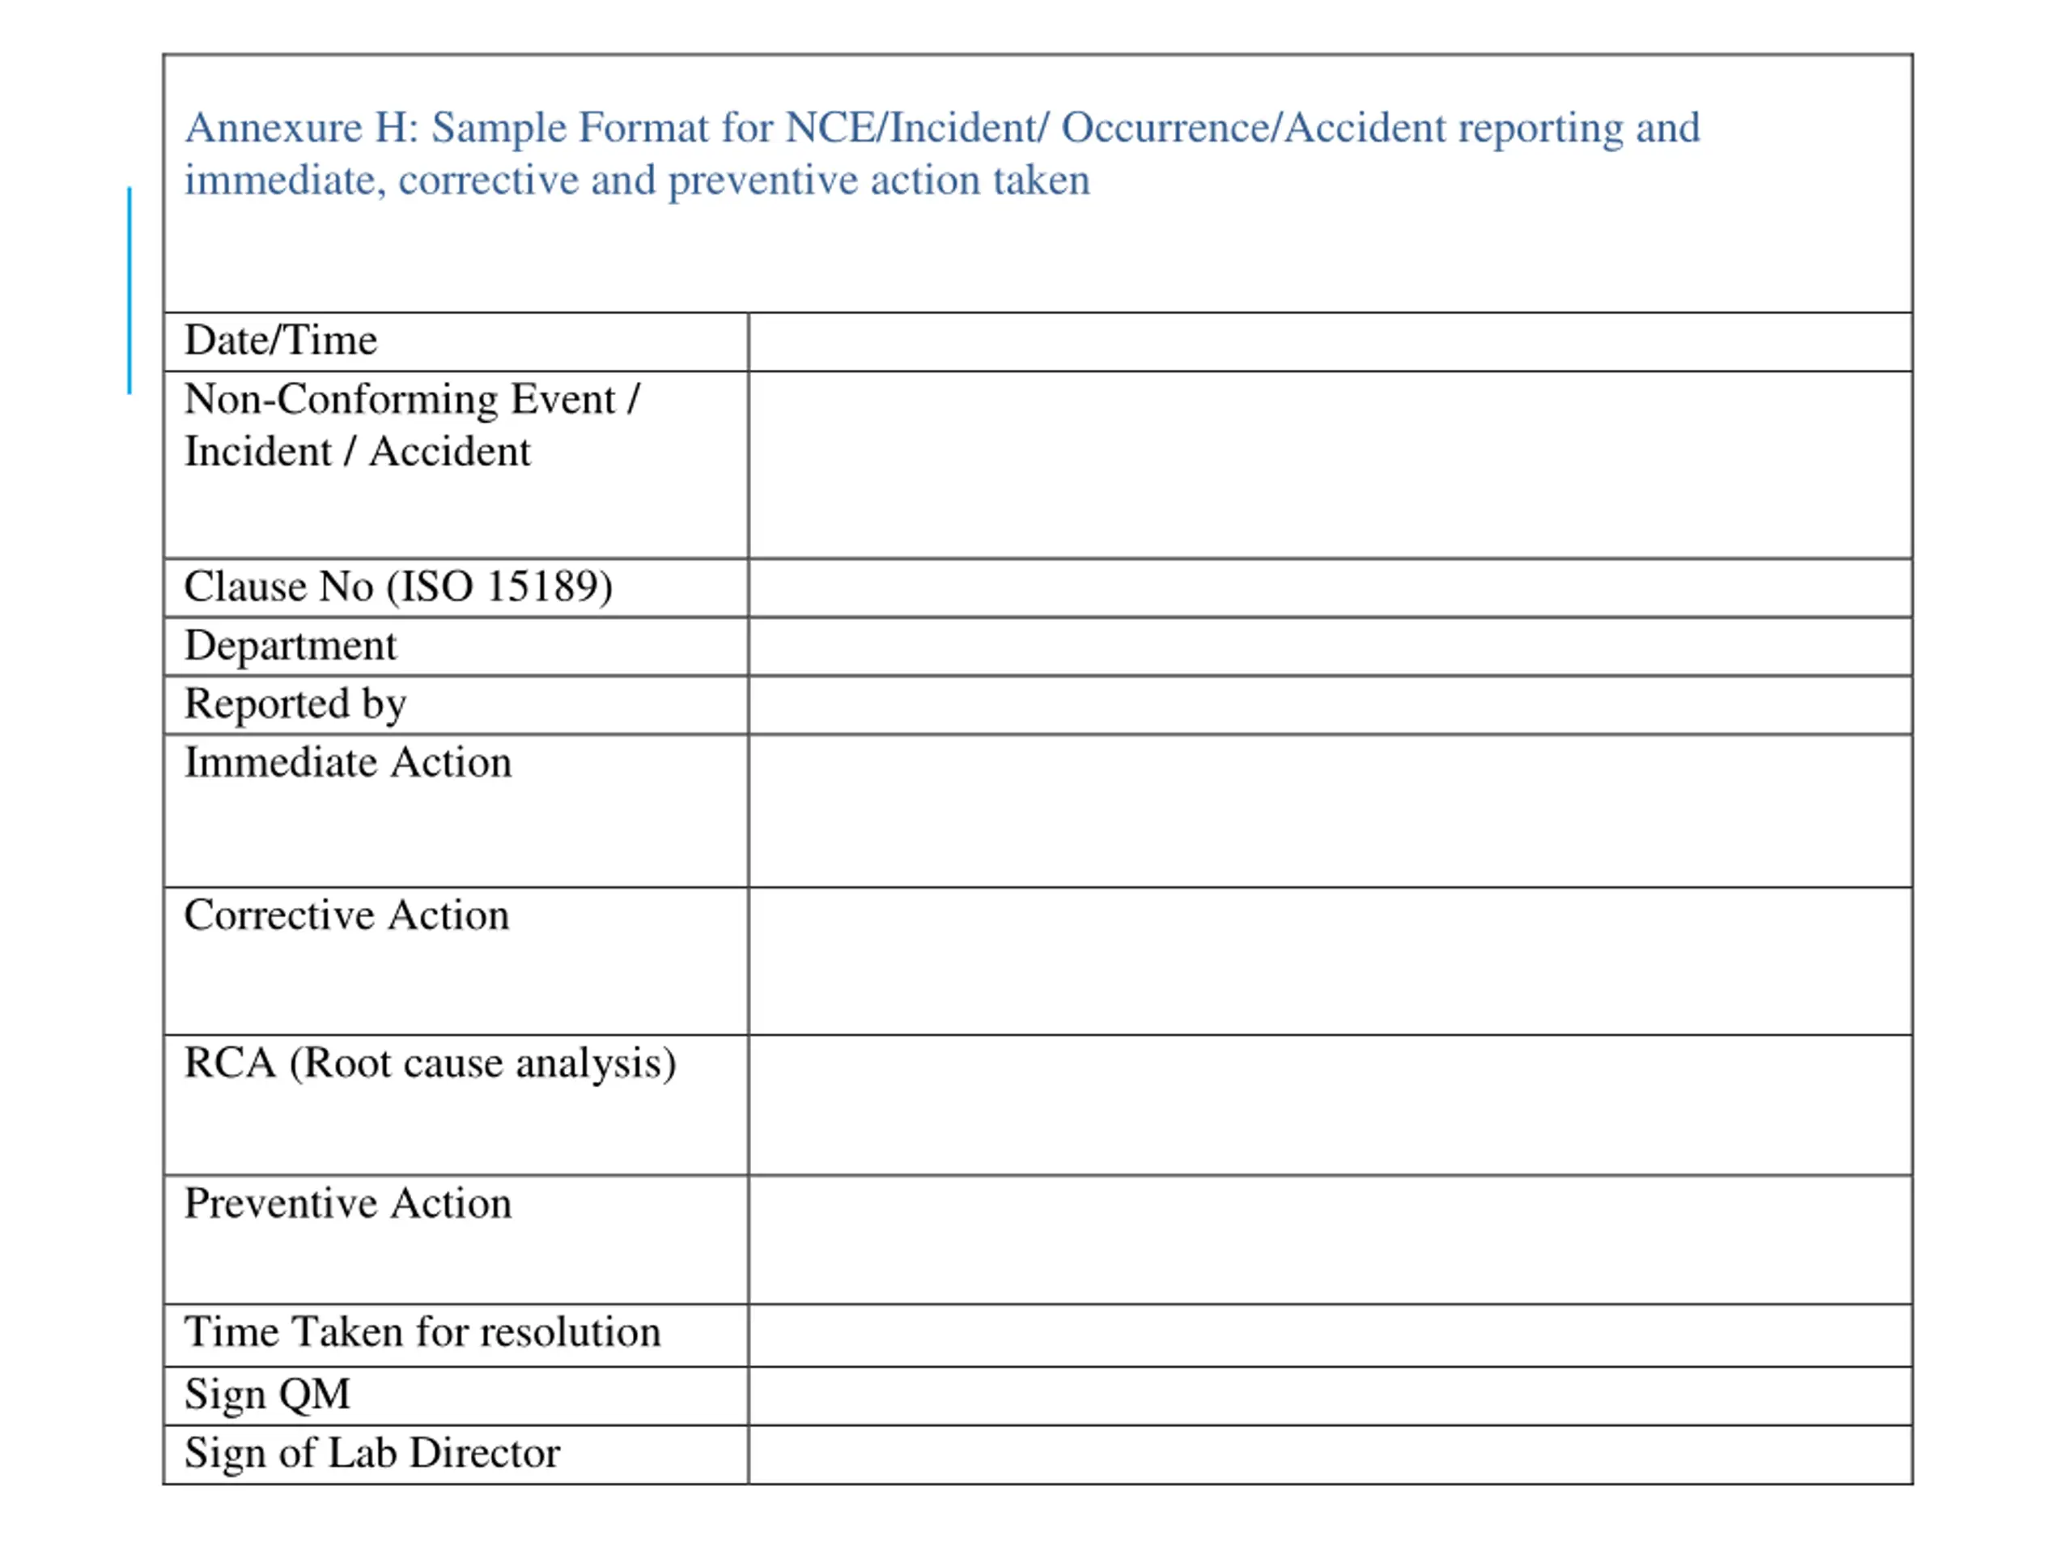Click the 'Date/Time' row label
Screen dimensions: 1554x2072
pos(280,340)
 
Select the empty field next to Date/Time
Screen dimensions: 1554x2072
pos(1329,342)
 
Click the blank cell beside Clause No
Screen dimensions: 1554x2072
pos(1329,588)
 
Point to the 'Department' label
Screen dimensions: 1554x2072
pos(291,645)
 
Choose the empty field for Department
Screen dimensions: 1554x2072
pos(1329,647)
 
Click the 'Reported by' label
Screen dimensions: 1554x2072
pos(295,704)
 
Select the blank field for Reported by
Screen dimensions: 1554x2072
pos(1329,705)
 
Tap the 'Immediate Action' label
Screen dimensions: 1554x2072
pos(347,762)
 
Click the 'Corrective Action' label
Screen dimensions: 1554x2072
pos(346,915)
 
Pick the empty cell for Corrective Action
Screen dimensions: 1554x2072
pos(1329,961)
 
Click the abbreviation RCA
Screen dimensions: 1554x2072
pos(231,1064)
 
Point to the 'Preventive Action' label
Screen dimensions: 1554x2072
pos(347,1204)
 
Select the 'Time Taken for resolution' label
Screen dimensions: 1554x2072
pos(422,1332)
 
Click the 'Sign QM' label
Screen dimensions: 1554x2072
pos(267,1394)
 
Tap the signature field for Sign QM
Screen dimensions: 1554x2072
pos(1329,1395)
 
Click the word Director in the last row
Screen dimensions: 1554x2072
pos(484,1453)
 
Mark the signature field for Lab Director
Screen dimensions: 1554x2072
pos(1329,1454)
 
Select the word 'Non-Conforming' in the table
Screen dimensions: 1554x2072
pos(341,400)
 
